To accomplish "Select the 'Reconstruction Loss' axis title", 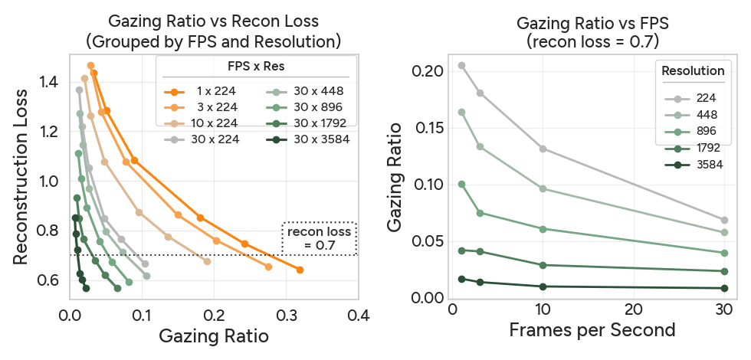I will pyautogui.click(x=22, y=178).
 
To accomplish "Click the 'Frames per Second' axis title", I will pyautogui.click(x=592, y=330).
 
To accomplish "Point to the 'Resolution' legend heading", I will pyautogui.click(x=693, y=70).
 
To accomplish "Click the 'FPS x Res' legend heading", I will pyautogui.click(x=256, y=67).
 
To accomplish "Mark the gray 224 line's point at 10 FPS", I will pyautogui.click(x=543, y=149).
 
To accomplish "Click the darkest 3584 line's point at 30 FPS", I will pyautogui.click(x=724, y=288).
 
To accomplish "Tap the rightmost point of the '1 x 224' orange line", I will pyautogui.click(x=300, y=270).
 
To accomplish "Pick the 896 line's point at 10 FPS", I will pyautogui.click(x=543, y=229).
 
